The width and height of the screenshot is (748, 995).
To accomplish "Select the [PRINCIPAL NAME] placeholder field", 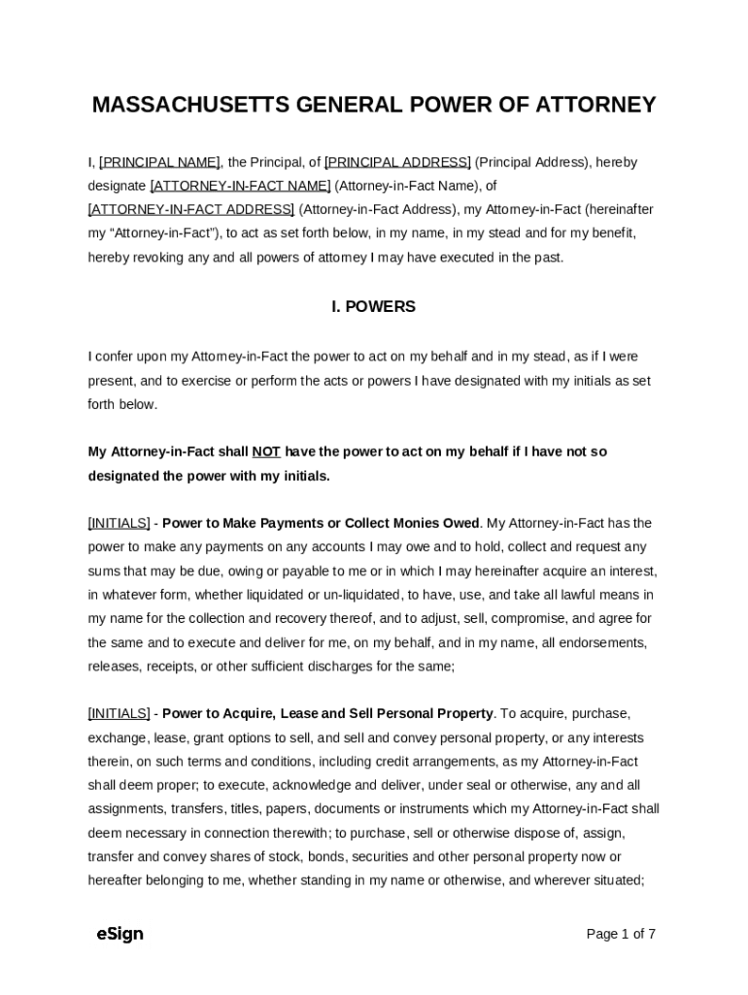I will pyautogui.click(x=159, y=162).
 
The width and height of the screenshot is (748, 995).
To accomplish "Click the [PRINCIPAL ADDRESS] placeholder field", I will pyautogui.click(x=397, y=162).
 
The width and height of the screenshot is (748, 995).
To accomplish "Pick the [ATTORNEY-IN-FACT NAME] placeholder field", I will pyautogui.click(x=240, y=186).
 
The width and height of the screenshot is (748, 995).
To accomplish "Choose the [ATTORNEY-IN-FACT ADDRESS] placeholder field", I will pyautogui.click(x=191, y=210).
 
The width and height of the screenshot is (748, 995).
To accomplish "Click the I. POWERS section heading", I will pyautogui.click(x=373, y=307).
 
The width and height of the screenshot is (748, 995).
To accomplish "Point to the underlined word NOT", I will pyautogui.click(x=266, y=452).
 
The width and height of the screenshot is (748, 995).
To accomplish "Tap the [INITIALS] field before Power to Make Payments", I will pyautogui.click(x=119, y=524).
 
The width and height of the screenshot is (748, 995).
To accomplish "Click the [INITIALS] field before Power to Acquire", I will pyautogui.click(x=119, y=714).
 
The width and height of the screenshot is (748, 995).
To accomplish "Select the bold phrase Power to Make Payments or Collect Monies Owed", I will pyautogui.click(x=321, y=524).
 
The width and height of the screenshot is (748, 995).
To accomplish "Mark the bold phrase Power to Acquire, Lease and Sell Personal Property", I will pyautogui.click(x=327, y=714).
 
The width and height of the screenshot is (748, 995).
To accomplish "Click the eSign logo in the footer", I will pyautogui.click(x=119, y=935).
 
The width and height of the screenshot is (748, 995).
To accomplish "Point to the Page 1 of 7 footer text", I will pyautogui.click(x=621, y=935).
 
